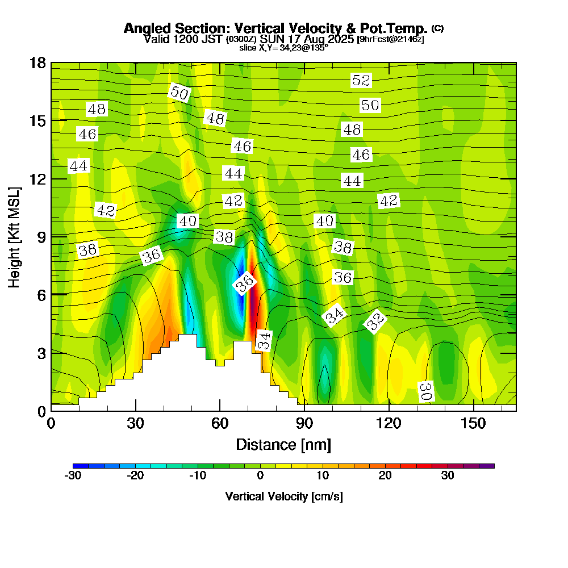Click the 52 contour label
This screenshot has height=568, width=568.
point(361,80)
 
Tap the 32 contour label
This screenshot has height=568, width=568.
point(375,322)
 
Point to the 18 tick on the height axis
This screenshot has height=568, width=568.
point(37,62)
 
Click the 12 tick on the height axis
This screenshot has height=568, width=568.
point(37,179)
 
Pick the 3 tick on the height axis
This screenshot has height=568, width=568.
point(41,353)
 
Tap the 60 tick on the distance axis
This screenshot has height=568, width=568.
point(220,424)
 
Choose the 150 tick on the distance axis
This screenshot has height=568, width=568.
point(473,424)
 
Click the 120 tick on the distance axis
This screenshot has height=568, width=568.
point(389,424)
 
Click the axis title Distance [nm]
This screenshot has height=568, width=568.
point(283,444)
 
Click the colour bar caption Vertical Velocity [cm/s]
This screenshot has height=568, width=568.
point(283,496)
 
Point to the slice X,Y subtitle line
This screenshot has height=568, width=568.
point(283,48)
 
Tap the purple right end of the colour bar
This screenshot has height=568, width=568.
point(488,466)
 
